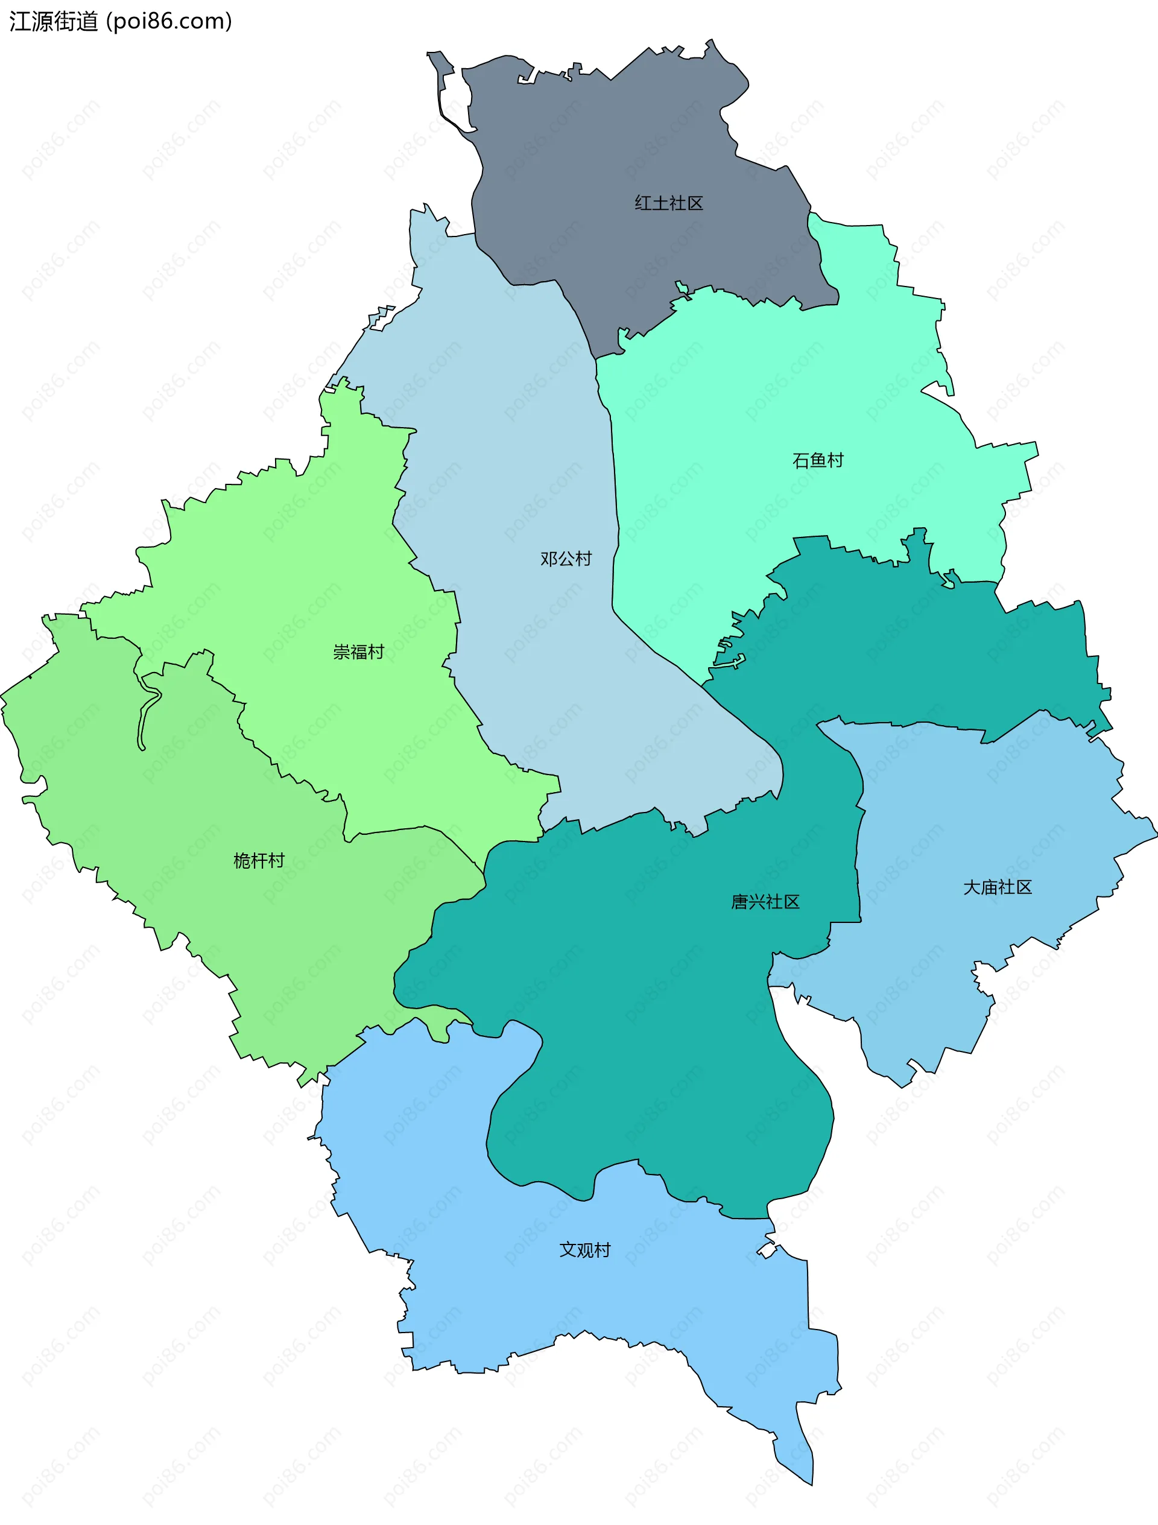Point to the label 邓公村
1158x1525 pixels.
coord(565,559)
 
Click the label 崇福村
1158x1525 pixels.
coord(358,652)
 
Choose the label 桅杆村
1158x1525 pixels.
coord(259,860)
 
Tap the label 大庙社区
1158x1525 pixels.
coord(997,887)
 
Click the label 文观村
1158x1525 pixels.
coord(584,1250)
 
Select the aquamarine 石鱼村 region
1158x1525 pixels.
coord(793,386)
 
